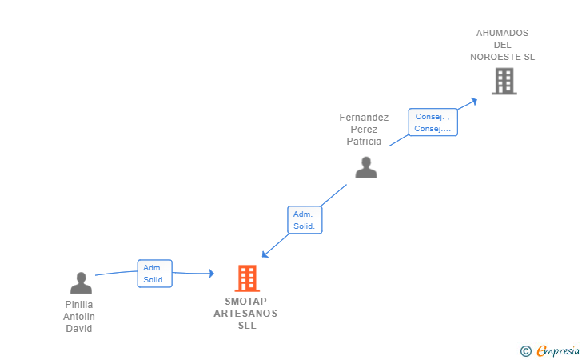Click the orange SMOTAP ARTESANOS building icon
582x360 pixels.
point(248,278)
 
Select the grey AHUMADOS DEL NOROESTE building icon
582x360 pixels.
point(504,81)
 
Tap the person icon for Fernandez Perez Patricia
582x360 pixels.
point(366,167)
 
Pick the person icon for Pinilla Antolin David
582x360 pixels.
point(81,282)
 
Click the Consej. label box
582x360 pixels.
point(433,122)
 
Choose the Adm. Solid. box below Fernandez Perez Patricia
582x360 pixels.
point(305,220)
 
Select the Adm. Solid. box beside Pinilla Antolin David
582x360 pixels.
point(154,274)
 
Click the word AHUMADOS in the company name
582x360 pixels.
point(502,34)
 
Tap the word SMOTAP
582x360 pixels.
point(246,302)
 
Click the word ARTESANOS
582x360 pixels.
point(245,314)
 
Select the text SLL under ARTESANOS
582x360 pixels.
point(246,326)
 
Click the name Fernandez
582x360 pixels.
point(364,118)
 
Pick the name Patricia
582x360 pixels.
point(364,142)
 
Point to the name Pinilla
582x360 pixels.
point(78,305)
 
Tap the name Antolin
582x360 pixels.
point(78,317)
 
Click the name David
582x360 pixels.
point(78,329)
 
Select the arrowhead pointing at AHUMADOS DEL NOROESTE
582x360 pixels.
point(474,101)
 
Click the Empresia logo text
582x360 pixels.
point(558,350)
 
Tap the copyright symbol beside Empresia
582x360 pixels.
point(525,350)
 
